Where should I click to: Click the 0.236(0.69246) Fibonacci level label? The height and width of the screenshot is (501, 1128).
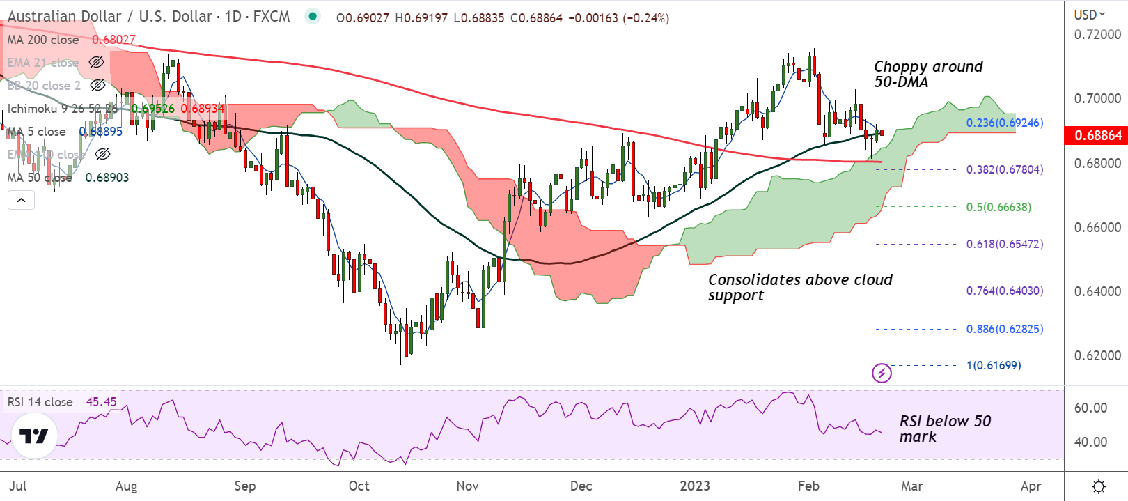(x=1004, y=123)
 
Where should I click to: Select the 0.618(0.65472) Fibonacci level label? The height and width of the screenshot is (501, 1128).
(x=1004, y=245)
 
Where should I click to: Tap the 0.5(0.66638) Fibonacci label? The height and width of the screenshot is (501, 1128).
(x=998, y=207)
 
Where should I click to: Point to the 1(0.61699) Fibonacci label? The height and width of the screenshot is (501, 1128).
(x=994, y=365)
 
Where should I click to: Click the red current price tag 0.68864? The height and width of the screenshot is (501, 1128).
(x=1097, y=135)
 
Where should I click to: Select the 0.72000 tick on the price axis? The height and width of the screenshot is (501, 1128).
(x=1097, y=34)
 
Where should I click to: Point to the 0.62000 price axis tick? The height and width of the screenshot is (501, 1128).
(x=1097, y=355)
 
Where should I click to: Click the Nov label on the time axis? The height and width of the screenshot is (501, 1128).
(x=467, y=486)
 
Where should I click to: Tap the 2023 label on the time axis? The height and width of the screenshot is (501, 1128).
(x=695, y=486)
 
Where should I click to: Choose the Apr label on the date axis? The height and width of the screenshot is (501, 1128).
(x=1031, y=486)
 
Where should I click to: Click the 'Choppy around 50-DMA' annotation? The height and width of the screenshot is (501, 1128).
(x=928, y=74)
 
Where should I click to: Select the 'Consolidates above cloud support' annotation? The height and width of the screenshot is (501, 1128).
(x=799, y=287)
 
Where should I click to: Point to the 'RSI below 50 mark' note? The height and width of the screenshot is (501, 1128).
(x=944, y=429)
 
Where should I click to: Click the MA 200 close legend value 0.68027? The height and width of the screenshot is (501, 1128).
(x=113, y=40)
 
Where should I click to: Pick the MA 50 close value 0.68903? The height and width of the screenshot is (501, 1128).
(x=107, y=178)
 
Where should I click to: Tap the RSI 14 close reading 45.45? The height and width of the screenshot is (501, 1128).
(x=101, y=402)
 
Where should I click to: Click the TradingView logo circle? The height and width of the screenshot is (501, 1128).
(x=34, y=436)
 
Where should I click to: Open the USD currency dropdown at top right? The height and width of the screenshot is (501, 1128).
(x=1090, y=15)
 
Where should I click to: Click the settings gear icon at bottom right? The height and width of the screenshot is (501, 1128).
(x=1098, y=486)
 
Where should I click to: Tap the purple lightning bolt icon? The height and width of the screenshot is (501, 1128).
(x=882, y=373)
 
